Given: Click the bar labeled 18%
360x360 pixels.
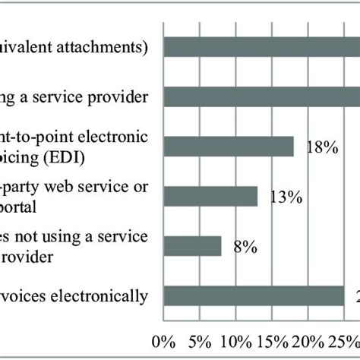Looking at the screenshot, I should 229,146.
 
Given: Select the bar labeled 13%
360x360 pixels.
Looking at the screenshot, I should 210,196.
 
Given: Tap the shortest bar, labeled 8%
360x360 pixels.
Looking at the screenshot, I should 192,246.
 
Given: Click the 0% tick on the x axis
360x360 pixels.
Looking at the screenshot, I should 163,339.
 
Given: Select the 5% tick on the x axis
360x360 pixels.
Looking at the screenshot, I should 199,339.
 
